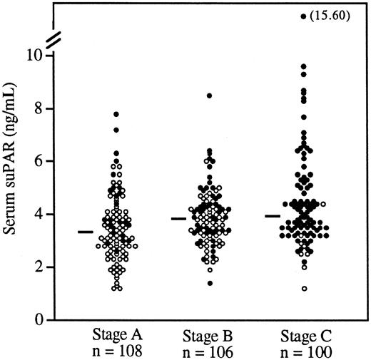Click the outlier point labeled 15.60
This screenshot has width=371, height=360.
[303, 16]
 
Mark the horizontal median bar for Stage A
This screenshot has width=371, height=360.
[86, 232]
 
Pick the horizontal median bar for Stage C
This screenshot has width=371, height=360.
[273, 215]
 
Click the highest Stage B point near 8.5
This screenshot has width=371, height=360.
[209, 96]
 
